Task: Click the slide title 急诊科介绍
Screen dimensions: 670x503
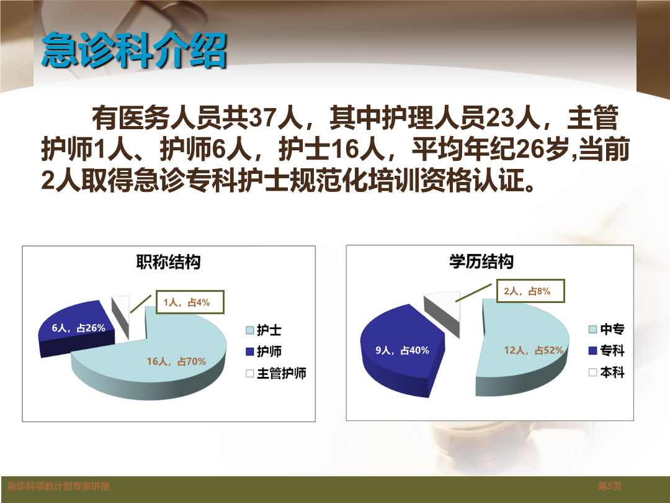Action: pos(133,50)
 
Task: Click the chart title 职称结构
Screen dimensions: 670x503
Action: pos(168,262)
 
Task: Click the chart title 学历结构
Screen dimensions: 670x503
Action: pos(481,261)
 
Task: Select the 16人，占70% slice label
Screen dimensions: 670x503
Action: pos(176,361)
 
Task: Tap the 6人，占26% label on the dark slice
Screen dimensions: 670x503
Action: pos(79,328)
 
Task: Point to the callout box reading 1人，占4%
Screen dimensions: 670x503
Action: pos(190,302)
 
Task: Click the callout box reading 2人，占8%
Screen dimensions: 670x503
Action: pos(530,291)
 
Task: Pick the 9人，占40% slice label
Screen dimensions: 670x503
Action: pos(402,350)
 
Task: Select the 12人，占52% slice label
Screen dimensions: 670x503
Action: pos(534,350)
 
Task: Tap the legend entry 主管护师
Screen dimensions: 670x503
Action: pos(276,373)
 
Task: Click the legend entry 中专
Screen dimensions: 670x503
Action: pos(607,329)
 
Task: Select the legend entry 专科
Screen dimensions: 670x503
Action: pos(607,351)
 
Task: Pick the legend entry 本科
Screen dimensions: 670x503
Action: pos(607,373)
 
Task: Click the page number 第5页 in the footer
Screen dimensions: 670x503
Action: pos(610,486)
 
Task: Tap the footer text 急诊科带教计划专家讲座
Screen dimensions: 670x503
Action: pos(58,486)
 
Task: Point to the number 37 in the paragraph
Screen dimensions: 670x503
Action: pos(262,117)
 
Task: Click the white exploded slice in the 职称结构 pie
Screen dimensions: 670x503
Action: pos(120,317)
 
